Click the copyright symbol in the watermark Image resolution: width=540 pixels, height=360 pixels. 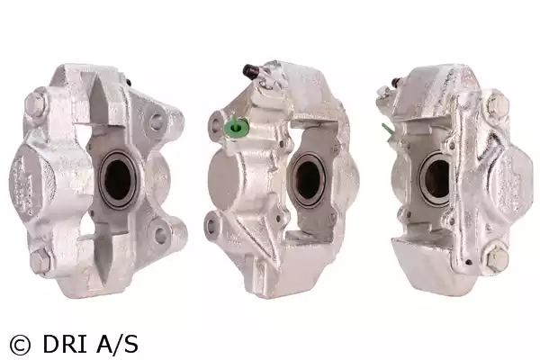[21, 345]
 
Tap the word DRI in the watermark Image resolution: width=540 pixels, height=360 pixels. [65, 344]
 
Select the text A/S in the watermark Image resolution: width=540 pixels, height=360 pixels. [117, 344]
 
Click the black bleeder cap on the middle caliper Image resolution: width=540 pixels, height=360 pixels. [251, 70]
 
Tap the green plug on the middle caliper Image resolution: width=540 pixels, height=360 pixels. [236, 128]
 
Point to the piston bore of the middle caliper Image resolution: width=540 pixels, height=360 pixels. [308, 180]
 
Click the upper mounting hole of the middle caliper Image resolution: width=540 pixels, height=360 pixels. [216, 125]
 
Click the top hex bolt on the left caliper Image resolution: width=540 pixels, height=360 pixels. [35, 100]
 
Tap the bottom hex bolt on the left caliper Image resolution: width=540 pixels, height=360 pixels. [40, 260]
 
